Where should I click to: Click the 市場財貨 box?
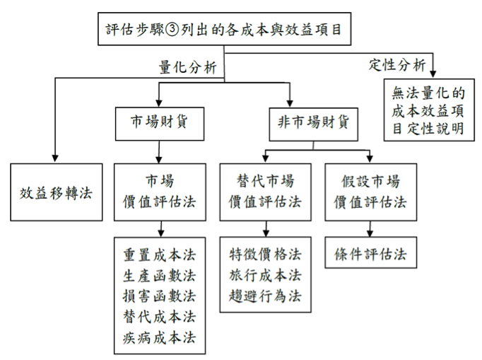click(x=159, y=121)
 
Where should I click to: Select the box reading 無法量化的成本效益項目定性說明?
click(x=428, y=109)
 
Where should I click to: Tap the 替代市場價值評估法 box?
click(x=266, y=192)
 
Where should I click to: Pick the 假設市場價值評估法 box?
click(x=370, y=192)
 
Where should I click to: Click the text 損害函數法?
click(x=159, y=296)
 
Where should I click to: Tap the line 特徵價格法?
click(x=266, y=254)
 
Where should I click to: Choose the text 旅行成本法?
click(x=266, y=274)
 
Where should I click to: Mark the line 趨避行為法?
click(x=266, y=295)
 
